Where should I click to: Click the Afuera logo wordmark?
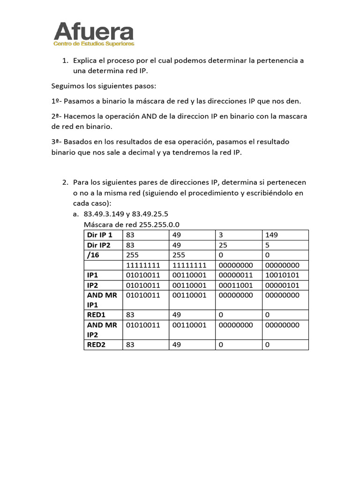click(94, 31)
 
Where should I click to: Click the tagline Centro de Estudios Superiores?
click(94, 44)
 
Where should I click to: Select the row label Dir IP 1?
click(100, 235)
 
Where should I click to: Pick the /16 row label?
click(94, 255)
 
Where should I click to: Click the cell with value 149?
click(271, 235)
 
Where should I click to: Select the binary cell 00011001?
click(236, 285)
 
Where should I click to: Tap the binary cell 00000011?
click(236, 275)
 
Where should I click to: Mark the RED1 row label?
click(97, 315)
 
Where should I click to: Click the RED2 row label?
click(97, 345)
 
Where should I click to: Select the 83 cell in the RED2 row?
click(131, 345)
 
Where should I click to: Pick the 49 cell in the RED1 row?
click(177, 315)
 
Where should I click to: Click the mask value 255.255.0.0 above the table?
click(159, 225)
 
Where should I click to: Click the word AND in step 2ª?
click(149, 116)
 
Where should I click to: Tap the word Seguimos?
click(67, 86)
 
